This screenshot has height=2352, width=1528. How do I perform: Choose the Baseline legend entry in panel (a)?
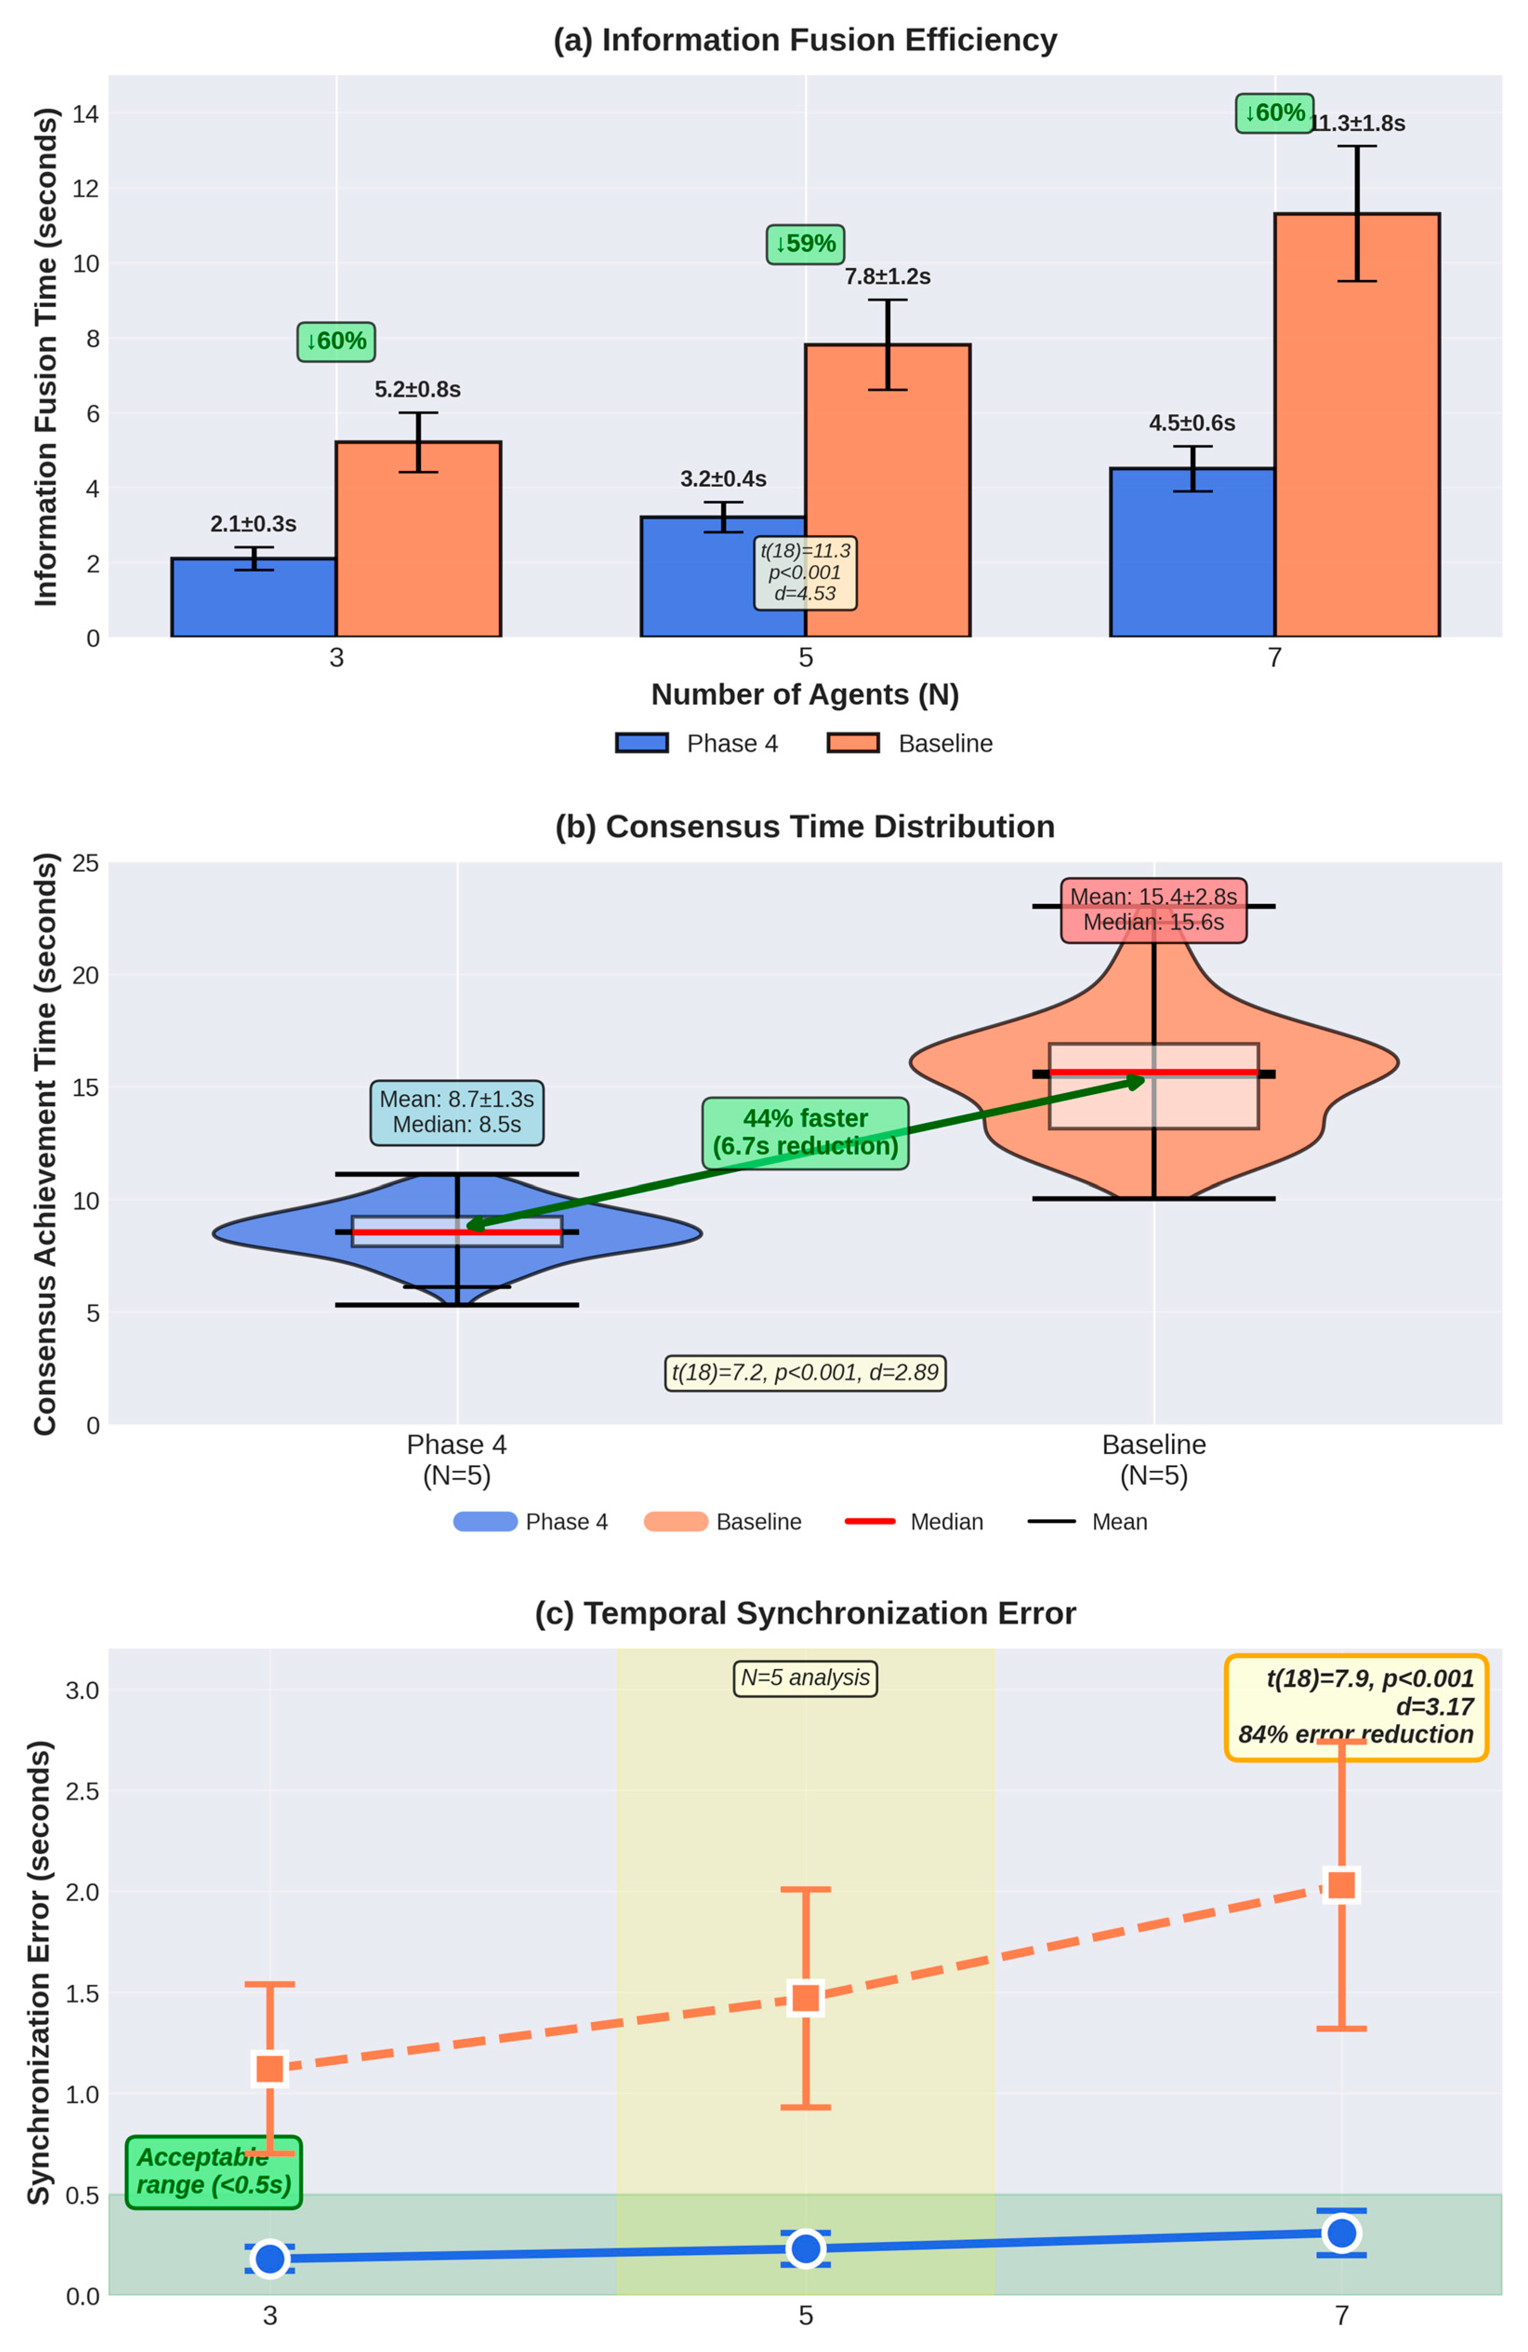(909, 743)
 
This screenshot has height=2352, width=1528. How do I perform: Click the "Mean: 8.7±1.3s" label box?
(457, 1112)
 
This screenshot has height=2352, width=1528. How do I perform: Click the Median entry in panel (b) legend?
(914, 1522)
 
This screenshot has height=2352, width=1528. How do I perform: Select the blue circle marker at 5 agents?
(805, 2248)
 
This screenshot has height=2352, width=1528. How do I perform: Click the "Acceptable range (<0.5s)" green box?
(213, 2172)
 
